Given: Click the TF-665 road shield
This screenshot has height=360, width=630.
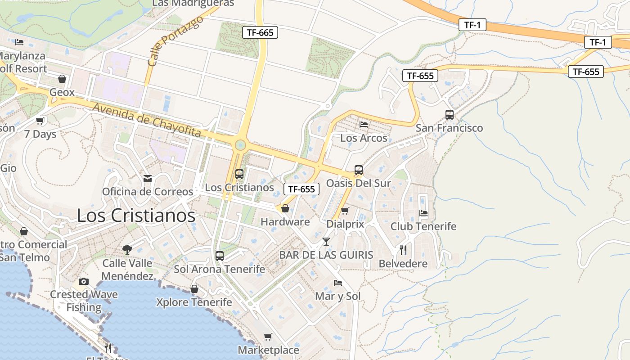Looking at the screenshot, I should click(x=260, y=32).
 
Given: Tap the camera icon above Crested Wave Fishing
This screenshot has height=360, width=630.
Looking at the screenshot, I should click(x=84, y=282).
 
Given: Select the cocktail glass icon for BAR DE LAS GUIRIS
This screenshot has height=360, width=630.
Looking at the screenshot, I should click(x=326, y=242).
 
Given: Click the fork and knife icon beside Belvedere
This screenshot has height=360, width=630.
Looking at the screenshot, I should click(x=403, y=250).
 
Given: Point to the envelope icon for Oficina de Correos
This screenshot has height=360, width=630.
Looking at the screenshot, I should click(x=148, y=179).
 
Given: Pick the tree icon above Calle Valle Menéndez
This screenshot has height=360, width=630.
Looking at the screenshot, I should click(x=127, y=249).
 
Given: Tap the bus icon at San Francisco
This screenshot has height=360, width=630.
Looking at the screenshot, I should click(x=449, y=115).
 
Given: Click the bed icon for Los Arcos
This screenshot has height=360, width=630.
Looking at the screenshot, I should click(x=364, y=124).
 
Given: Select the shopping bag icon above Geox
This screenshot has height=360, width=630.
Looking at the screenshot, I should click(x=62, y=79).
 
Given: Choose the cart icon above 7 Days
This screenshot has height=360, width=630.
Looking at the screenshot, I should click(x=40, y=121).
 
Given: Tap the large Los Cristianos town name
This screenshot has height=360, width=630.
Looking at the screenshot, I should click(x=136, y=216).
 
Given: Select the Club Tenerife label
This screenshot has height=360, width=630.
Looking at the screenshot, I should click(x=423, y=226).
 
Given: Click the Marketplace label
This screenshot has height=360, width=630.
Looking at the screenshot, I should click(x=268, y=350).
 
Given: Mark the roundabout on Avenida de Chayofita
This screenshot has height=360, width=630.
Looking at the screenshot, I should click(x=240, y=144).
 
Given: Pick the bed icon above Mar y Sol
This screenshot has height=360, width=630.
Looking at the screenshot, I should click(x=338, y=283).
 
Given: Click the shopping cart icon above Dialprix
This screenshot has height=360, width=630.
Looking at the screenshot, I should click(x=345, y=211).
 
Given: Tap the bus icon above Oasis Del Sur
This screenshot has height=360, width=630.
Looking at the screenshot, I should click(x=359, y=170).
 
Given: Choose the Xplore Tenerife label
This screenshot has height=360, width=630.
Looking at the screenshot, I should click(x=194, y=302).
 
